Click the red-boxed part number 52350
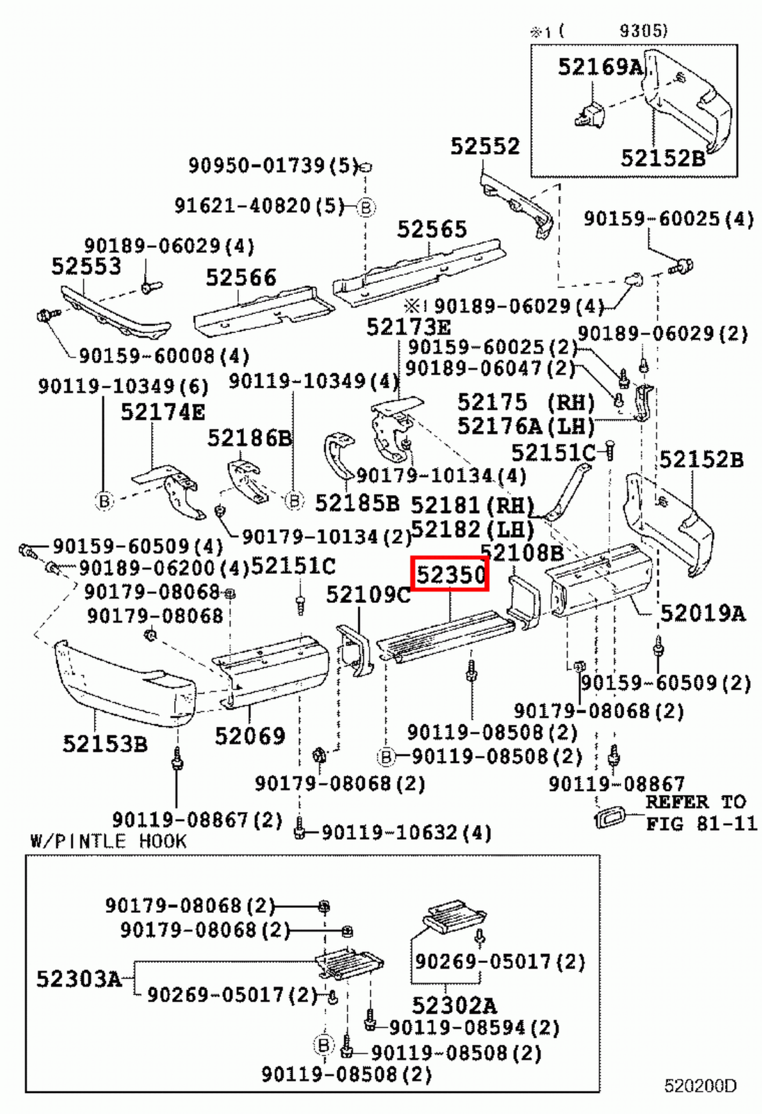click(450, 575)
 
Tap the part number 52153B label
click(105, 744)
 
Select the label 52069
click(249, 736)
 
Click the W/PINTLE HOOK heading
click(109, 841)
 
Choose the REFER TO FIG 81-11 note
click(699, 813)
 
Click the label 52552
click(485, 146)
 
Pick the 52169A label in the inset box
click(600, 67)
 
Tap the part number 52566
click(241, 278)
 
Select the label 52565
click(432, 229)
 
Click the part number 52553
click(86, 266)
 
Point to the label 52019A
click(702, 613)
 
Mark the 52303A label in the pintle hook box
click(79, 979)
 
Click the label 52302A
click(454, 1005)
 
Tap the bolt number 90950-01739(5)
click(273, 166)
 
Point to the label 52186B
click(249, 438)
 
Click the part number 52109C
click(368, 595)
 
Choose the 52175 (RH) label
click(526, 402)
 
